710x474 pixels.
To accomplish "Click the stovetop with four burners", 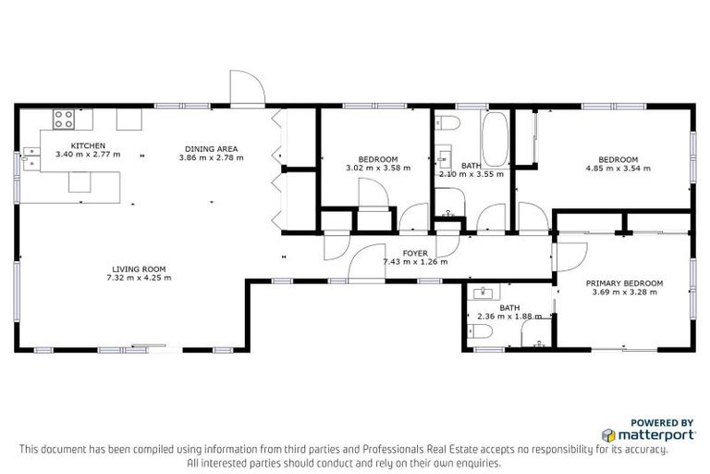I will tap(64, 118).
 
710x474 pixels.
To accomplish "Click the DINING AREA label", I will tap(211, 148).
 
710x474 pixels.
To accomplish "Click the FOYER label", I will tap(415, 252).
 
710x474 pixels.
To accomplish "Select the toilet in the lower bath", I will tap(483, 335).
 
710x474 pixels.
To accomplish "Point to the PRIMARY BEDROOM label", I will tap(625, 282).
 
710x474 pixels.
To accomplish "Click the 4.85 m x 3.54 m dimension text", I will tap(618, 168).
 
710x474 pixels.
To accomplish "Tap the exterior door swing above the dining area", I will tap(247, 88).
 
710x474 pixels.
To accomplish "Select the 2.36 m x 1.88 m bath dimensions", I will tap(509, 317).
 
